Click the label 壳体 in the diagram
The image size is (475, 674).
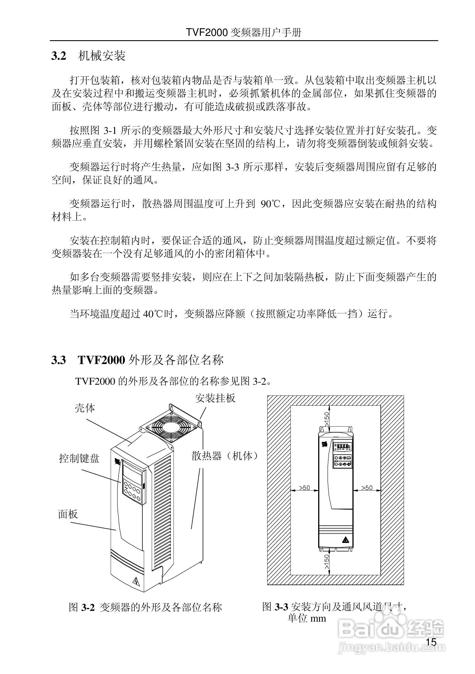coord(85,408)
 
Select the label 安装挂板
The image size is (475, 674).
coord(215,398)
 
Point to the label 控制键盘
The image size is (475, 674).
coord(79,459)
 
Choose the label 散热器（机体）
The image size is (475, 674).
coord(225,455)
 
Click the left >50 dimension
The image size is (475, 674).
coord(304,487)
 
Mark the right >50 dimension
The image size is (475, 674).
coord(367,487)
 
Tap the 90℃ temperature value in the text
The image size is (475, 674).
coord(268,204)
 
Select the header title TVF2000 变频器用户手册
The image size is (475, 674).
coord(244,32)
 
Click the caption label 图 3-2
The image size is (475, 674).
coord(82,607)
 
